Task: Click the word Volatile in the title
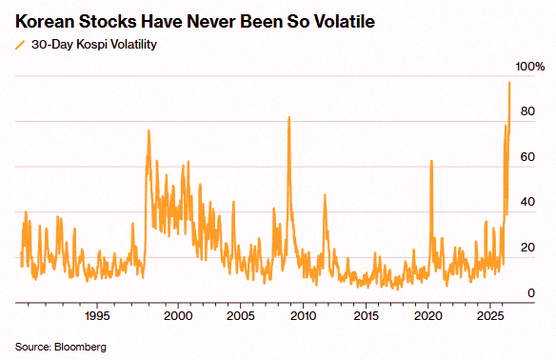pyautogui.click(x=345, y=21)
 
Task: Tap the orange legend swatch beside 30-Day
pyautogui.click(x=21, y=45)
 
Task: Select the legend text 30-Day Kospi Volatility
pyautogui.click(x=94, y=45)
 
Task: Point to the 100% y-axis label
pyautogui.click(x=529, y=67)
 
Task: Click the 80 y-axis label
pyautogui.click(x=527, y=111)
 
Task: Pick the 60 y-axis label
pyautogui.click(x=527, y=157)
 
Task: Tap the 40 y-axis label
pyautogui.click(x=527, y=202)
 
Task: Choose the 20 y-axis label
pyautogui.click(x=527, y=248)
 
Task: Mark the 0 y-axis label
pyautogui.click(x=531, y=293)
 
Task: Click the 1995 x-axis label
pyautogui.click(x=97, y=315)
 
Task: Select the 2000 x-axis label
pyautogui.click(x=178, y=315)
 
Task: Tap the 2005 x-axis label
pyautogui.click(x=241, y=315)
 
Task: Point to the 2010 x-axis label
pyautogui.click(x=303, y=315)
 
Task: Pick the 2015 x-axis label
pyautogui.click(x=366, y=315)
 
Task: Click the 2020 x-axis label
pyautogui.click(x=428, y=315)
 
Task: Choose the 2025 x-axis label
pyautogui.click(x=490, y=315)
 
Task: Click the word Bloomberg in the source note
pyautogui.click(x=80, y=347)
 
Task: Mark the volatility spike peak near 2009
pyautogui.click(x=289, y=117)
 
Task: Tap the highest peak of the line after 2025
pyautogui.click(x=509, y=83)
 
